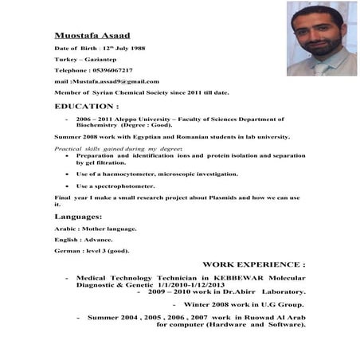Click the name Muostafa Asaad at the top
point(92,36)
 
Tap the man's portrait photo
point(322,37)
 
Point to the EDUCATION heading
point(87,105)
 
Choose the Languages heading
point(78,217)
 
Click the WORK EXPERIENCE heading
point(254,264)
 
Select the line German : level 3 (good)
point(92,250)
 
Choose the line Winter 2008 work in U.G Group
point(243,303)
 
